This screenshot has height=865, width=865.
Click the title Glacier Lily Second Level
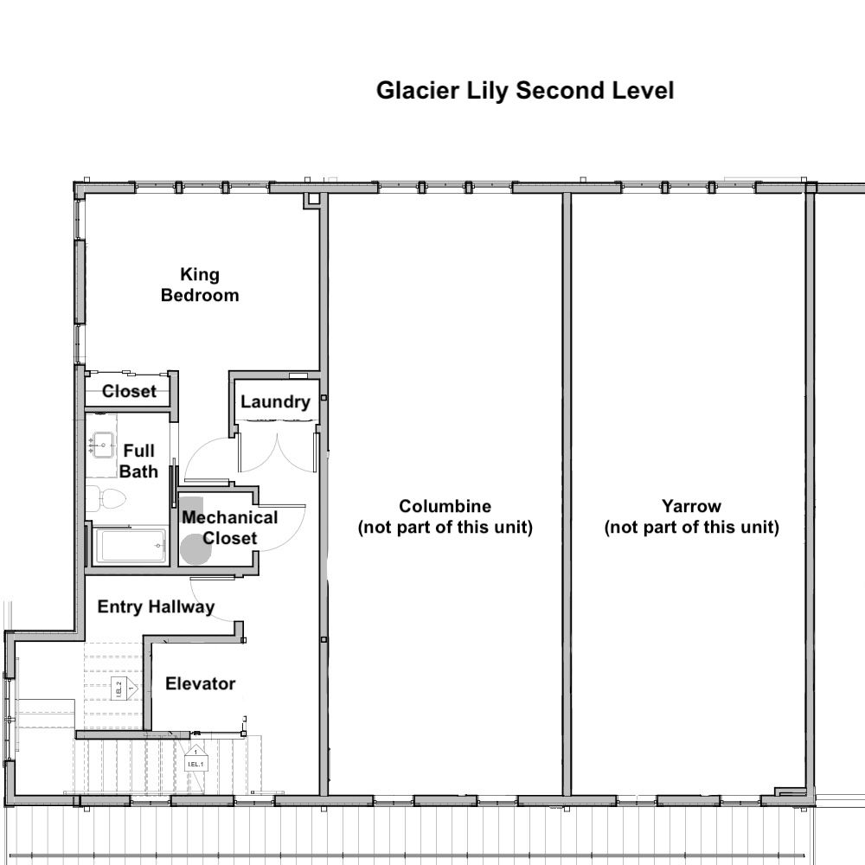pyautogui.click(x=525, y=91)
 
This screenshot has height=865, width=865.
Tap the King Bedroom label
pyautogui.click(x=200, y=285)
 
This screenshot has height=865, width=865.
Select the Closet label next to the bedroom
pyautogui.click(x=129, y=391)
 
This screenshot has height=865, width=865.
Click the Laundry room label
pyautogui.click(x=275, y=401)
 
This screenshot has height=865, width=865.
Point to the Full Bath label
pyautogui.click(x=138, y=461)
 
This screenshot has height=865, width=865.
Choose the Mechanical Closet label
pyautogui.click(x=229, y=528)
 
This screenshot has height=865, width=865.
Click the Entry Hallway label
pyautogui.click(x=156, y=607)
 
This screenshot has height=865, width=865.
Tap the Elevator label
pyautogui.click(x=201, y=683)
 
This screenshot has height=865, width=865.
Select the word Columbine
pyautogui.click(x=445, y=506)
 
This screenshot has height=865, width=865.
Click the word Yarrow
pyautogui.click(x=691, y=506)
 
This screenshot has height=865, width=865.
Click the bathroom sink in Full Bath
pyautogui.click(x=103, y=445)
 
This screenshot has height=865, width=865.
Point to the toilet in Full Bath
pyautogui.click(x=107, y=499)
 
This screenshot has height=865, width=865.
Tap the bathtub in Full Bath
pyautogui.click(x=131, y=546)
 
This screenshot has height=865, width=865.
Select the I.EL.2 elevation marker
pyautogui.click(x=124, y=688)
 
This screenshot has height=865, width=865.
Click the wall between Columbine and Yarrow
pyautogui.click(x=567, y=494)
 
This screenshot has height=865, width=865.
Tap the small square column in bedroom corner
pyautogui.click(x=313, y=200)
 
